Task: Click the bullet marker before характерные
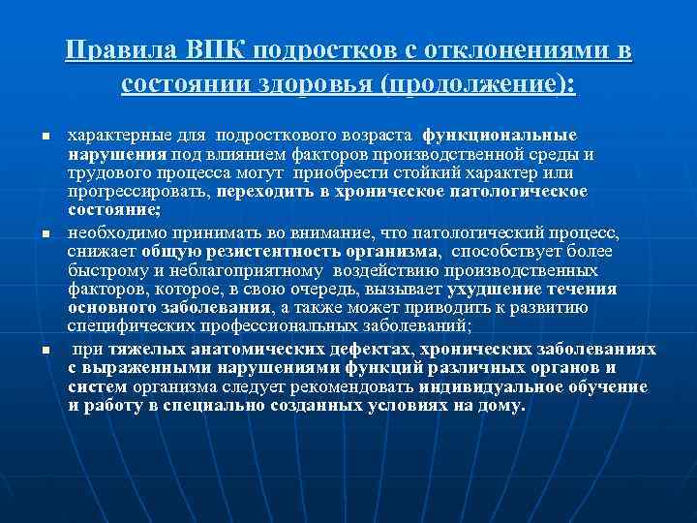(45, 136)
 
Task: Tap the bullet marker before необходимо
(45, 235)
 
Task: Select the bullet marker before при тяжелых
(45, 350)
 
